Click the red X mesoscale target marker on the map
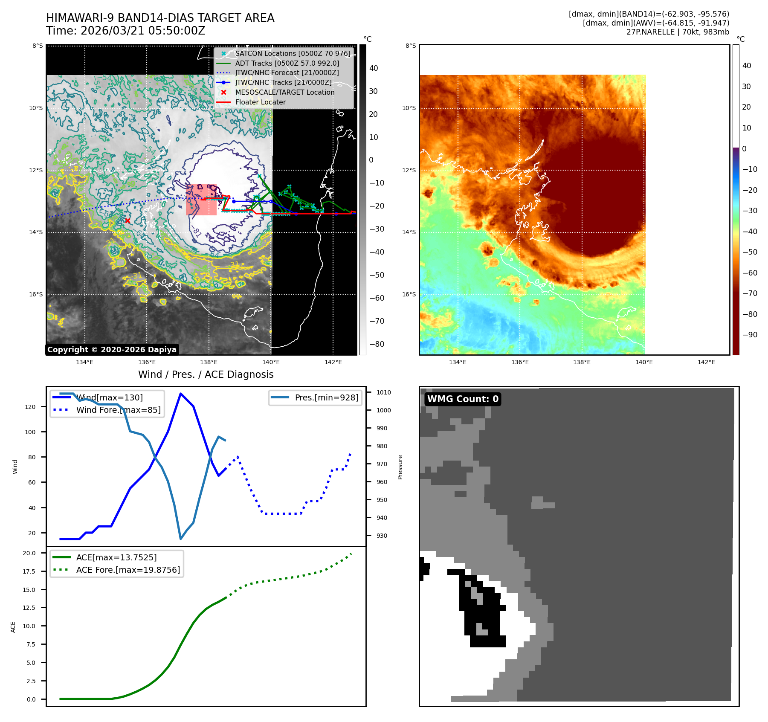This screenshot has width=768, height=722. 128,220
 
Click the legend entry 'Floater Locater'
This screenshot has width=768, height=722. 260,102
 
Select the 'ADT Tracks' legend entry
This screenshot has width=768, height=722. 287,63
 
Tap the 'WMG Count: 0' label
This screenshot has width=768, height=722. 463,399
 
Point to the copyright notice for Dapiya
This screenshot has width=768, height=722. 112,350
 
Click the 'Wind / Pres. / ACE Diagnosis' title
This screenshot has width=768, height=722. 206,374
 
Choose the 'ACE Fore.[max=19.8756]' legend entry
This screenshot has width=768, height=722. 128,570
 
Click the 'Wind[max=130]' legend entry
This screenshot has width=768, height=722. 109,398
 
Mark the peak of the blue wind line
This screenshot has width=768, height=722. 181,393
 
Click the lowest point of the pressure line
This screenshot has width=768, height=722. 181,539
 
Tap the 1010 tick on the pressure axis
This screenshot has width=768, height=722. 383,392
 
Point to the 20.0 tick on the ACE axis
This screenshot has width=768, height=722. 29,553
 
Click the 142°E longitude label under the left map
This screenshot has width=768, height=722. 333,362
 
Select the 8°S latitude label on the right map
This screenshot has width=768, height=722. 411,46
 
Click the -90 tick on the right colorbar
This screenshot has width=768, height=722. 750,335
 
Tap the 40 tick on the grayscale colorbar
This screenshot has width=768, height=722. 373,68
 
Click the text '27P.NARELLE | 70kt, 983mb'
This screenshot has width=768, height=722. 678,32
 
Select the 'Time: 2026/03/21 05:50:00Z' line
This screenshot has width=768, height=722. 126,31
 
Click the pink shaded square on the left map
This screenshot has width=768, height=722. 201,200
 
